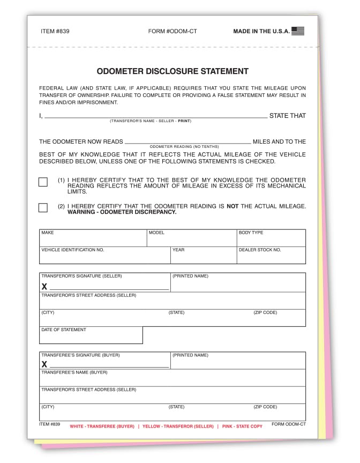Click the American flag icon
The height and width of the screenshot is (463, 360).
click(x=298, y=31)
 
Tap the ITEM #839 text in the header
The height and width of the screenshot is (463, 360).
click(x=55, y=31)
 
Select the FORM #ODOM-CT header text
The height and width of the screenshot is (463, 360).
click(x=172, y=31)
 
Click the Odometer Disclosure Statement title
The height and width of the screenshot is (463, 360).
click(x=172, y=71)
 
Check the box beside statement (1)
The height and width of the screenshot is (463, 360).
click(x=43, y=182)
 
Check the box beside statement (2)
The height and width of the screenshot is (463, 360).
click(x=43, y=208)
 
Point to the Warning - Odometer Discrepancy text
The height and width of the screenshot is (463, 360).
click(x=122, y=212)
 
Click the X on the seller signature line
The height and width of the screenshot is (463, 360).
click(x=44, y=287)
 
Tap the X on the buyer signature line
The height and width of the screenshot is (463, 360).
click(x=44, y=364)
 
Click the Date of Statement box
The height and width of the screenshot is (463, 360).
click(x=91, y=337)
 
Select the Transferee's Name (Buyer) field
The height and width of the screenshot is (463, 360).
click(x=172, y=379)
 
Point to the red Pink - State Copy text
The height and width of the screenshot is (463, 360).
click(x=242, y=427)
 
